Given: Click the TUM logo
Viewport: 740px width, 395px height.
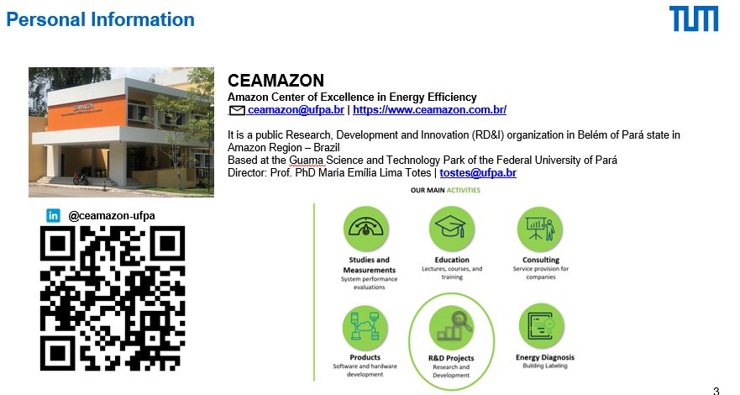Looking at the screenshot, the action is tap(694, 18).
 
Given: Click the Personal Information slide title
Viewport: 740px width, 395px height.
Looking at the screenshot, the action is tap(100, 19).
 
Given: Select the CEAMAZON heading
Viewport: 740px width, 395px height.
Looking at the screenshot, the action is tap(276, 80).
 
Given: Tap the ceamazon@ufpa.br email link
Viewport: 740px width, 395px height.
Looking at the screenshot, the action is tap(296, 109).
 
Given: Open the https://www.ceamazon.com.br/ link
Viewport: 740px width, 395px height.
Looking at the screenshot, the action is tap(429, 109).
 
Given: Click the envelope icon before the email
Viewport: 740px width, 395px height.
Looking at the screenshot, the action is tap(237, 110).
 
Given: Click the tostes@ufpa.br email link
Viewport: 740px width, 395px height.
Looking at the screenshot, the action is tap(478, 173).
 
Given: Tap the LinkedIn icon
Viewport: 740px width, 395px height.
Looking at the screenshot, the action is tap(53, 216).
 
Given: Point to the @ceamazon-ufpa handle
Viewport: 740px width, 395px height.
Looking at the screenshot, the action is tap(112, 216).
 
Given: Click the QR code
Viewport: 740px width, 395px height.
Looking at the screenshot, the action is tap(113, 298).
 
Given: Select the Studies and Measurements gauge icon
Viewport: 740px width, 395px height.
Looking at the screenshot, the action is tap(366, 229).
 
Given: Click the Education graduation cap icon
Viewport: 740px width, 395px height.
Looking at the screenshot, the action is tap(452, 229).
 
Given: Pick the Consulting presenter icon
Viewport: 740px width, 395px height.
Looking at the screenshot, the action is tap(540, 229).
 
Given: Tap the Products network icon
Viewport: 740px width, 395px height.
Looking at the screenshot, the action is tap(365, 328).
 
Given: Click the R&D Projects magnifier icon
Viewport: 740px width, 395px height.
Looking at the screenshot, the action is tap(452, 328).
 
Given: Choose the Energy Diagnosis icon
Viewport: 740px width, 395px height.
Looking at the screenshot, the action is tap(541, 326).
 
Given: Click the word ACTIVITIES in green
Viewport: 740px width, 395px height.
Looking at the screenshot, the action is tap(463, 190).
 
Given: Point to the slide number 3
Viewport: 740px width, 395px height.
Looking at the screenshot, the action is tap(716, 391).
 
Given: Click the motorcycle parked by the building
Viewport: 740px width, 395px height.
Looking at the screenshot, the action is tap(81, 178).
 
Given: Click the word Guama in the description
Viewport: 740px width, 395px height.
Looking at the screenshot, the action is tap(307, 161).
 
